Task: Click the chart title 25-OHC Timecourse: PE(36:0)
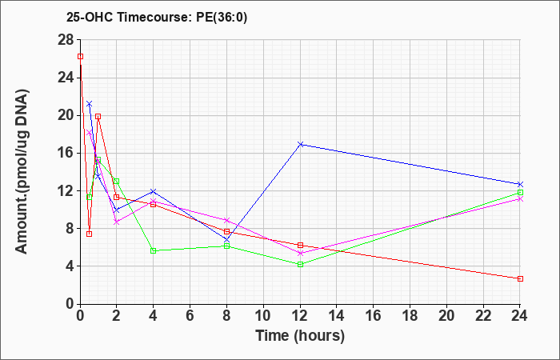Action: point(157,18)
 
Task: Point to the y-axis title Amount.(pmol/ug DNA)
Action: point(22,171)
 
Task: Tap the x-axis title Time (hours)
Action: point(300,336)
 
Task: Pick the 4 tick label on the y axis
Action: point(70,266)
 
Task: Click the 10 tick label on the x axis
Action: point(263,316)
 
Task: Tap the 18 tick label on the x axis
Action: point(410,316)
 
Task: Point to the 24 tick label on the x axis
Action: point(520,316)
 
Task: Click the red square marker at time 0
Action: point(80,57)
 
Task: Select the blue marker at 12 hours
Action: point(300,144)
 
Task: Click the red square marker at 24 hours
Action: point(520,278)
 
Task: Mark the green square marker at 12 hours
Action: point(300,264)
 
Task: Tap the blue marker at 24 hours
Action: point(520,184)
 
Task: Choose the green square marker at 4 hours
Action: point(154,250)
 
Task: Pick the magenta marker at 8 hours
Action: point(226,220)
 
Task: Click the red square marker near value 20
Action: point(98,117)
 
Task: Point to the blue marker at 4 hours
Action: point(154,191)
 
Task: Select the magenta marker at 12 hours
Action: point(300,254)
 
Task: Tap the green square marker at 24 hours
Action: point(520,193)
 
